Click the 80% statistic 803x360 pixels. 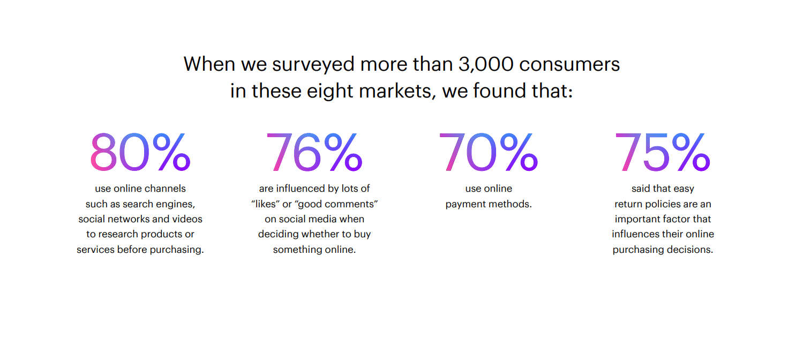click(x=140, y=152)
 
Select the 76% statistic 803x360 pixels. click(x=314, y=152)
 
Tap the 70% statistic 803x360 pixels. click(x=488, y=152)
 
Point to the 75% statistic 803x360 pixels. click(x=663, y=152)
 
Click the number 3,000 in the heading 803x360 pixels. click(x=486, y=64)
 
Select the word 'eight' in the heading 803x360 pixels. click(x=330, y=91)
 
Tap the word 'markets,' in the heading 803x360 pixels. click(x=397, y=91)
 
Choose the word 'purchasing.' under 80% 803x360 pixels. click(x=177, y=250)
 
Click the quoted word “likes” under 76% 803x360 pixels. click(x=265, y=204)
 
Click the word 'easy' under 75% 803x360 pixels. click(x=684, y=189)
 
